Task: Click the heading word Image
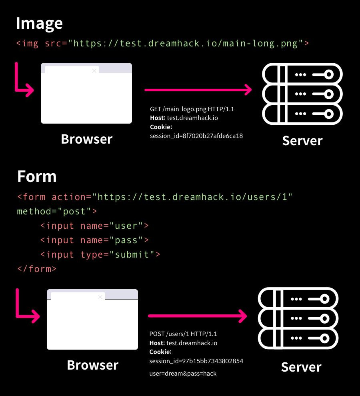click(x=39, y=24)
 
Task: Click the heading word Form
click(x=37, y=176)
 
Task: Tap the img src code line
click(x=162, y=43)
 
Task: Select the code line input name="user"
click(x=94, y=226)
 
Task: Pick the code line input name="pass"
click(x=94, y=240)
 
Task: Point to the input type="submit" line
click(x=100, y=255)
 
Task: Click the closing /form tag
click(x=37, y=269)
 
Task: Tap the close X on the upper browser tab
click(x=94, y=71)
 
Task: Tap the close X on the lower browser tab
click(x=100, y=297)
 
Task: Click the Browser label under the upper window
click(x=86, y=139)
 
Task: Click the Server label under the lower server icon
click(x=301, y=367)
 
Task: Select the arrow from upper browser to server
click(x=198, y=90)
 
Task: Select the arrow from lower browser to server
click(x=198, y=316)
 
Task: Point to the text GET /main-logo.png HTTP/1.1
click(x=192, y=109)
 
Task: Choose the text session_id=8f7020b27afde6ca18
click(x=196, y=136)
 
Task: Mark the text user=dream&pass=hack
click(x=183, y=374)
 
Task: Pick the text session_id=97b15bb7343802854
click(x=196, y=361)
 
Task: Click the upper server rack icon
click(x=302, y=94)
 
